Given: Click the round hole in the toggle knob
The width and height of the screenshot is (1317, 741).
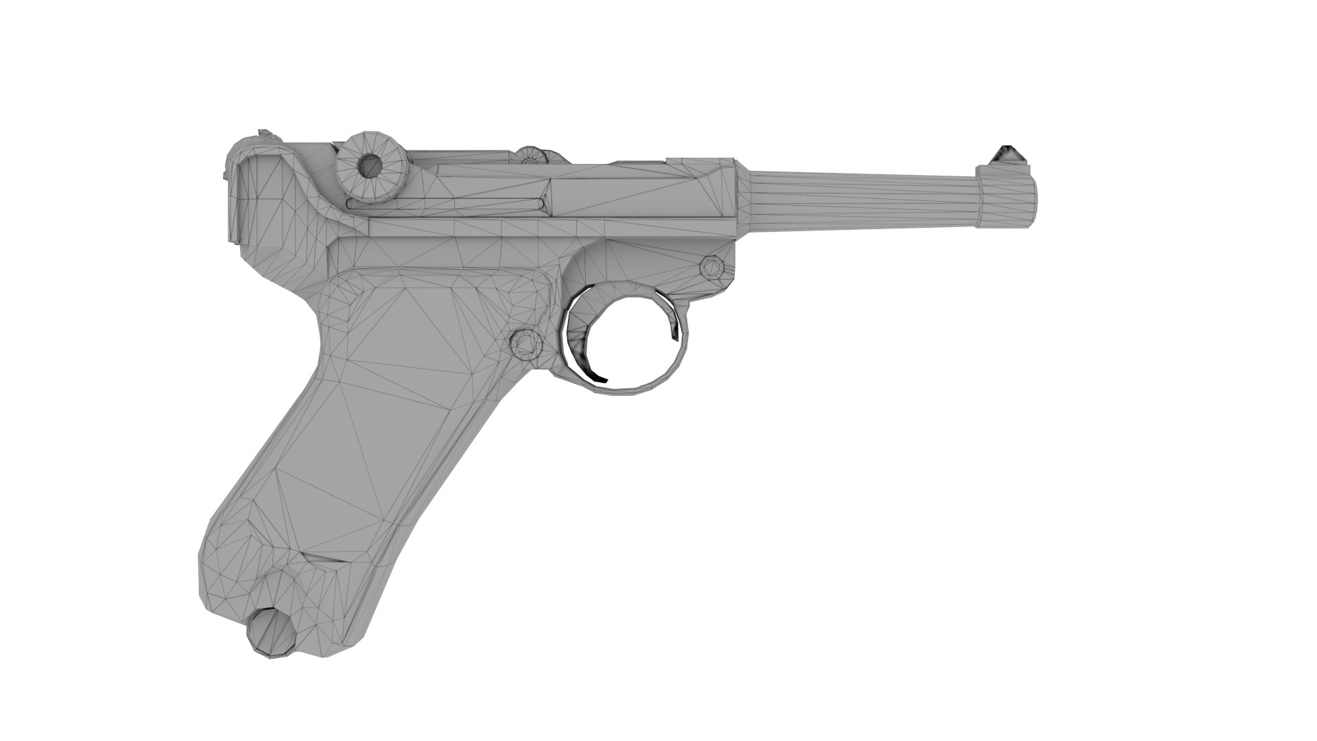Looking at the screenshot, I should (371, 165).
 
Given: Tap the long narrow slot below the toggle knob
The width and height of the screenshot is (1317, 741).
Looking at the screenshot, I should (446, 203).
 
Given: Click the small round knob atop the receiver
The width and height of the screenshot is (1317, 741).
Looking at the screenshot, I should (529, 156).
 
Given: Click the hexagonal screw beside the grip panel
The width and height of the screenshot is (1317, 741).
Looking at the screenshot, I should (527, 343).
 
